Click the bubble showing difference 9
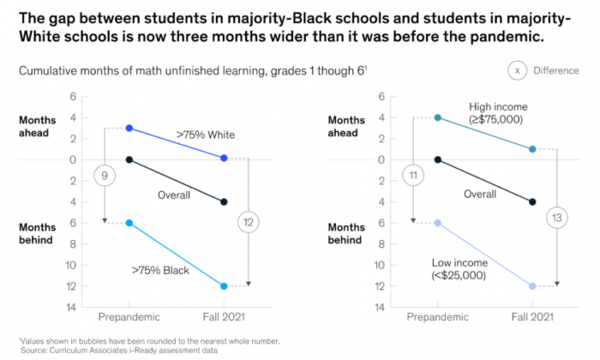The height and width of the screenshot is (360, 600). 105,176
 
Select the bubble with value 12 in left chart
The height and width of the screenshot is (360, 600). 249,223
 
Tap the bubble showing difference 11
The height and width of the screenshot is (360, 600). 413,176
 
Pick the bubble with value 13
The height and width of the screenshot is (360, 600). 557,217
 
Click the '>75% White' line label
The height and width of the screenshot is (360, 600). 206,135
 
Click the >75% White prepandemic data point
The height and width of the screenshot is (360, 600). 129,128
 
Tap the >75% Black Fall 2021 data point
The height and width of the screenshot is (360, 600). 224,286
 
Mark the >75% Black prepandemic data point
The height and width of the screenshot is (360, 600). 129,223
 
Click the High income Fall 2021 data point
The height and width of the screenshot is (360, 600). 532,149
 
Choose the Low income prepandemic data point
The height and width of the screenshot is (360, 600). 437,223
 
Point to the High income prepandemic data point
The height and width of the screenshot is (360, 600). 437,117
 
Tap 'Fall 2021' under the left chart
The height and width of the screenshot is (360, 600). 225,317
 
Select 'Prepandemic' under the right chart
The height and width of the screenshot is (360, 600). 437,317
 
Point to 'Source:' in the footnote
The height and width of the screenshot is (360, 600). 36,350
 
